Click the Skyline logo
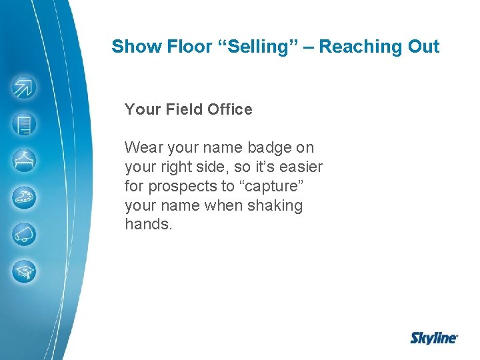(433, 338)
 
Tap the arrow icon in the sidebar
(25, 88)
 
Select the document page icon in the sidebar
(25, 124)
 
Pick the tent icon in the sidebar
(25, 161)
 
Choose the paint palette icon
(25, 197)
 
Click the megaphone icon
(25, 235)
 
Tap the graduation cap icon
(25, 271)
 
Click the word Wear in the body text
(141, 147)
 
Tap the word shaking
(275, 205)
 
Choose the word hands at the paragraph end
(147, 225)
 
